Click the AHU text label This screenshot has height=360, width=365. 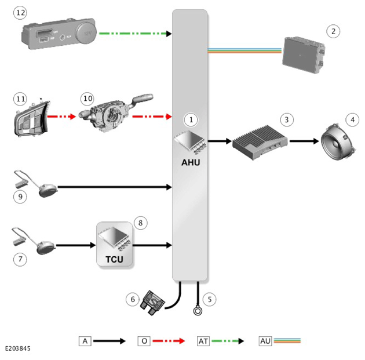pos(191,162)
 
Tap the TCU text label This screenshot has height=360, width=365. pos(114,259)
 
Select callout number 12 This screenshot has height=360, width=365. pos(20,13)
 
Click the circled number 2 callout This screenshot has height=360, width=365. pos(333,31)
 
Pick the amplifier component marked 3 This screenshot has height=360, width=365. pos(260,143)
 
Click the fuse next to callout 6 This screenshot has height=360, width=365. pos(153,303)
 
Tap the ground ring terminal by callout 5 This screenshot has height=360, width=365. pos(198,311)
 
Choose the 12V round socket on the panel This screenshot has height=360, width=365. pos(86,33)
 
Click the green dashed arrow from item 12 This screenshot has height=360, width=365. pos(135,34)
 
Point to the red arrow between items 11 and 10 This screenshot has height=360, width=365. pos(61,116)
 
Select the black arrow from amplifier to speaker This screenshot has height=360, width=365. pos(304,141)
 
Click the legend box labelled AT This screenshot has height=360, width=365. pos(203,341)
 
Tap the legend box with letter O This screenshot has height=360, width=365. pos(144,341)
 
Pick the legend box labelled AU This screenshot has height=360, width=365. pos(265,341)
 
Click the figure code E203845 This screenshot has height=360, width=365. pos(18,348)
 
